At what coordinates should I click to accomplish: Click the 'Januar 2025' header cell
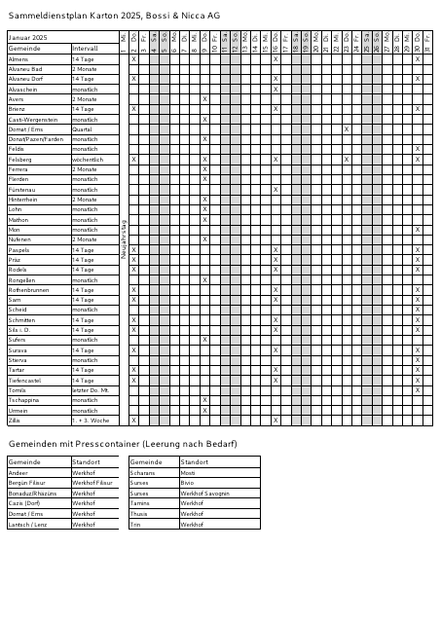[x=27, y=37]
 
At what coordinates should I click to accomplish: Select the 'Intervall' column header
[x=85, y=48]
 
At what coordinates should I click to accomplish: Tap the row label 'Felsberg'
[x=19, y=159]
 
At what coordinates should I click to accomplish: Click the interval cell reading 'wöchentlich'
[x=87, y=159]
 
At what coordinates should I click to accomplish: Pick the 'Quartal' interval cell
[x=82, y=128]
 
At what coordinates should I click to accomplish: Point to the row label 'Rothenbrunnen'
[x=28, y=289]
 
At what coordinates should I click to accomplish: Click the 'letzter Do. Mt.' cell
[x=89, y=389]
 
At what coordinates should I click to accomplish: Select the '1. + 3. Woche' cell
[x=89, y=421]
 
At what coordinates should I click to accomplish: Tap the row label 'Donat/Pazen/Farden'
[x=35, y=139]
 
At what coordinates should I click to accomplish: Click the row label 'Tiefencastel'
[x=24, y=380]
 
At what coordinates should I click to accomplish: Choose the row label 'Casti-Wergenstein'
[x=32, y=119]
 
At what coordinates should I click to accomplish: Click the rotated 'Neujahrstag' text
[x=123, y=238]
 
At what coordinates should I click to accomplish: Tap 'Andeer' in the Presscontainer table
[x=18, y=472]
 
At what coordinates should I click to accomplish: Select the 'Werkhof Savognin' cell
[x=205, y=493]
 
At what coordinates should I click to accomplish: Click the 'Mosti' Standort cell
[x=188, y=472]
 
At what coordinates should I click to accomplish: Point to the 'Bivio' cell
[x=187, y=482]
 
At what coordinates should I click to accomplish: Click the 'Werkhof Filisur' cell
[x=93, y=482]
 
